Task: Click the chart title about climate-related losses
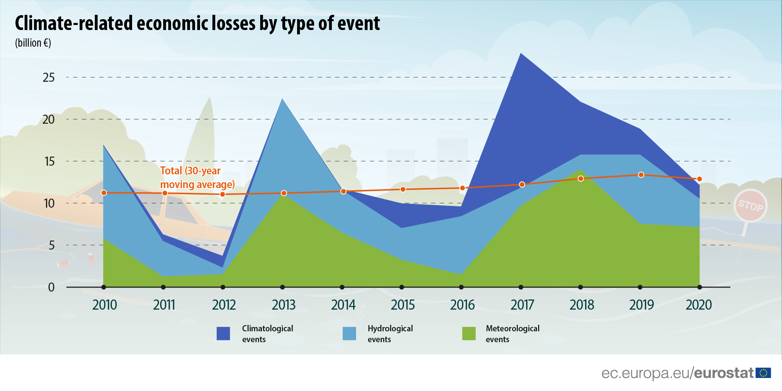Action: (x=197, y=24)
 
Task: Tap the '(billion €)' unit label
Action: (x=33, y=43)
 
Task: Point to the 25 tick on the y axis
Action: (x=49, y=77)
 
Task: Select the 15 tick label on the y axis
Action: (x=49, y=161)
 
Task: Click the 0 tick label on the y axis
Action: (x=51, y=287)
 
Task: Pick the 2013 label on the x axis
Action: (x=284, y=305)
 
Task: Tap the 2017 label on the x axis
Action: (x=522, y=305)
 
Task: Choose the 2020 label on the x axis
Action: (x=699, y=305)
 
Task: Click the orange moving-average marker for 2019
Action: (x=641, y=175)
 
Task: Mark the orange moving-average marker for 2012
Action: (x=223, y=195)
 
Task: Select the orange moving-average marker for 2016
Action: (x=462, y=188)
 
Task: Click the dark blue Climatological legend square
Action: (x=223, y=333)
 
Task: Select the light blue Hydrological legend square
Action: (x=349, y=333)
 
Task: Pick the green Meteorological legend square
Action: (x=469, y=333)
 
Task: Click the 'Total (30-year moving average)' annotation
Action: (x=198, y=178)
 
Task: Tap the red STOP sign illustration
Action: (x=751, y=205)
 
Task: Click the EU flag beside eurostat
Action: (x=763, y=373)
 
